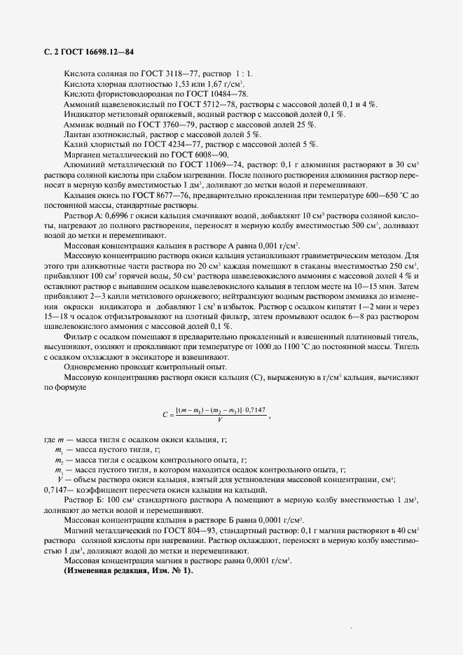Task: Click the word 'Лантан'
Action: (x=78, y=134)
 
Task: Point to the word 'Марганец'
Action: (x=83, y=154)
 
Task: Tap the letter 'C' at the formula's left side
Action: (x=165, y=415)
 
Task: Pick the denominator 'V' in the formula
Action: (x=221, y=420)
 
